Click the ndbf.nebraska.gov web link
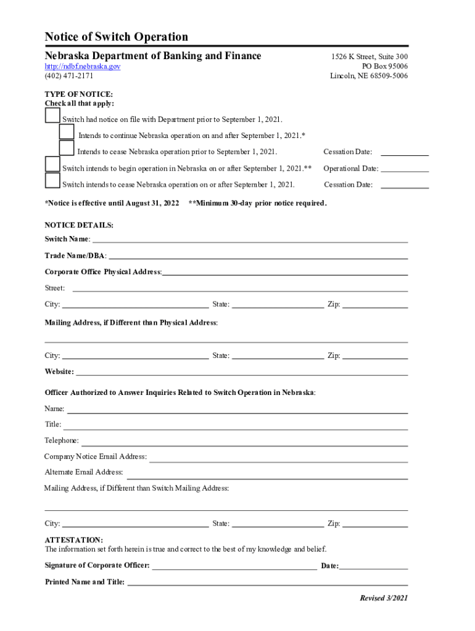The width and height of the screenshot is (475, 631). (82, 66)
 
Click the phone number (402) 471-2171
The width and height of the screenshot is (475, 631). (69, 76)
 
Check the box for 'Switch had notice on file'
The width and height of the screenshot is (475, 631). (52, 116)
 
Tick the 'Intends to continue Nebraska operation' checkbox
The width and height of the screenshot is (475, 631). (67, 132)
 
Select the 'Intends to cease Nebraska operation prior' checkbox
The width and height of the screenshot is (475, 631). (67, 148)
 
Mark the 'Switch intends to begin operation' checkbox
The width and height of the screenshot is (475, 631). (52, 165)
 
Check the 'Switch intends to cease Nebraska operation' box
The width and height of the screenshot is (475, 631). (52, 181)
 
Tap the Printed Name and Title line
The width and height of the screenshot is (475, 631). (267, 582)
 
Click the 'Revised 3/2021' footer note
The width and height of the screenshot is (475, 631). (384, 598)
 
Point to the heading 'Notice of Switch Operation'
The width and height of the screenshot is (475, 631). (117, 37)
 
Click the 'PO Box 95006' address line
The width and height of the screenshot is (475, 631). (385, 67)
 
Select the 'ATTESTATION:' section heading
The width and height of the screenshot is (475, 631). (74, 540)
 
